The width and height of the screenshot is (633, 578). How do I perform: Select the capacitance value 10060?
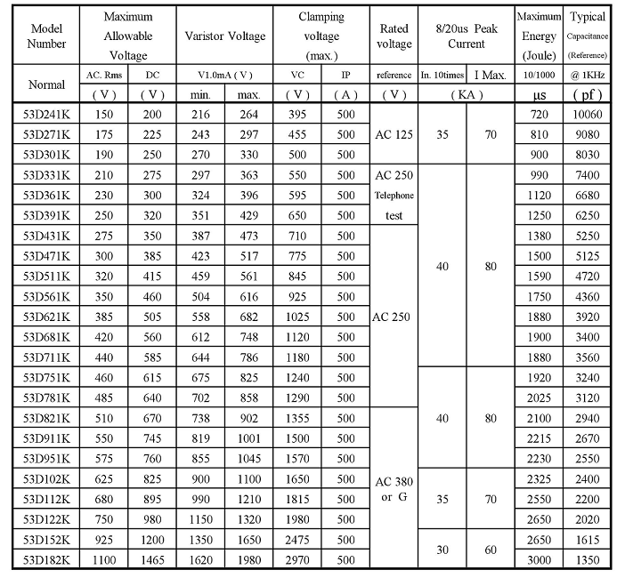(588, 116)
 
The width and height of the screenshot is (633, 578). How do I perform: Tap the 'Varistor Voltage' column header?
(225, 36)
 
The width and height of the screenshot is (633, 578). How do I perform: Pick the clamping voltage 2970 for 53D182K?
(299, 559)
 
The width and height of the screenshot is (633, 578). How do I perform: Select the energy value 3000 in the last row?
(539, 559)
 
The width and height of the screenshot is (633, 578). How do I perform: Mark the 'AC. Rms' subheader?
(103, 75)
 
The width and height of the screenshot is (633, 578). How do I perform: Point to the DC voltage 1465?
(152, 559)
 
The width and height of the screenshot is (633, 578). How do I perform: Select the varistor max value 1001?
(249, 438)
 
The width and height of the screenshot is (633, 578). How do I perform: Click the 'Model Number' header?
(46, 36)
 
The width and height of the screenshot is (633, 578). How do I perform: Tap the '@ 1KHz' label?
(588, 75)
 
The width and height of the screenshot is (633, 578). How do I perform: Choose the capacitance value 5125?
(588, 256)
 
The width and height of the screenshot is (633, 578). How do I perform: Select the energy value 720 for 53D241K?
(539, 116)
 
